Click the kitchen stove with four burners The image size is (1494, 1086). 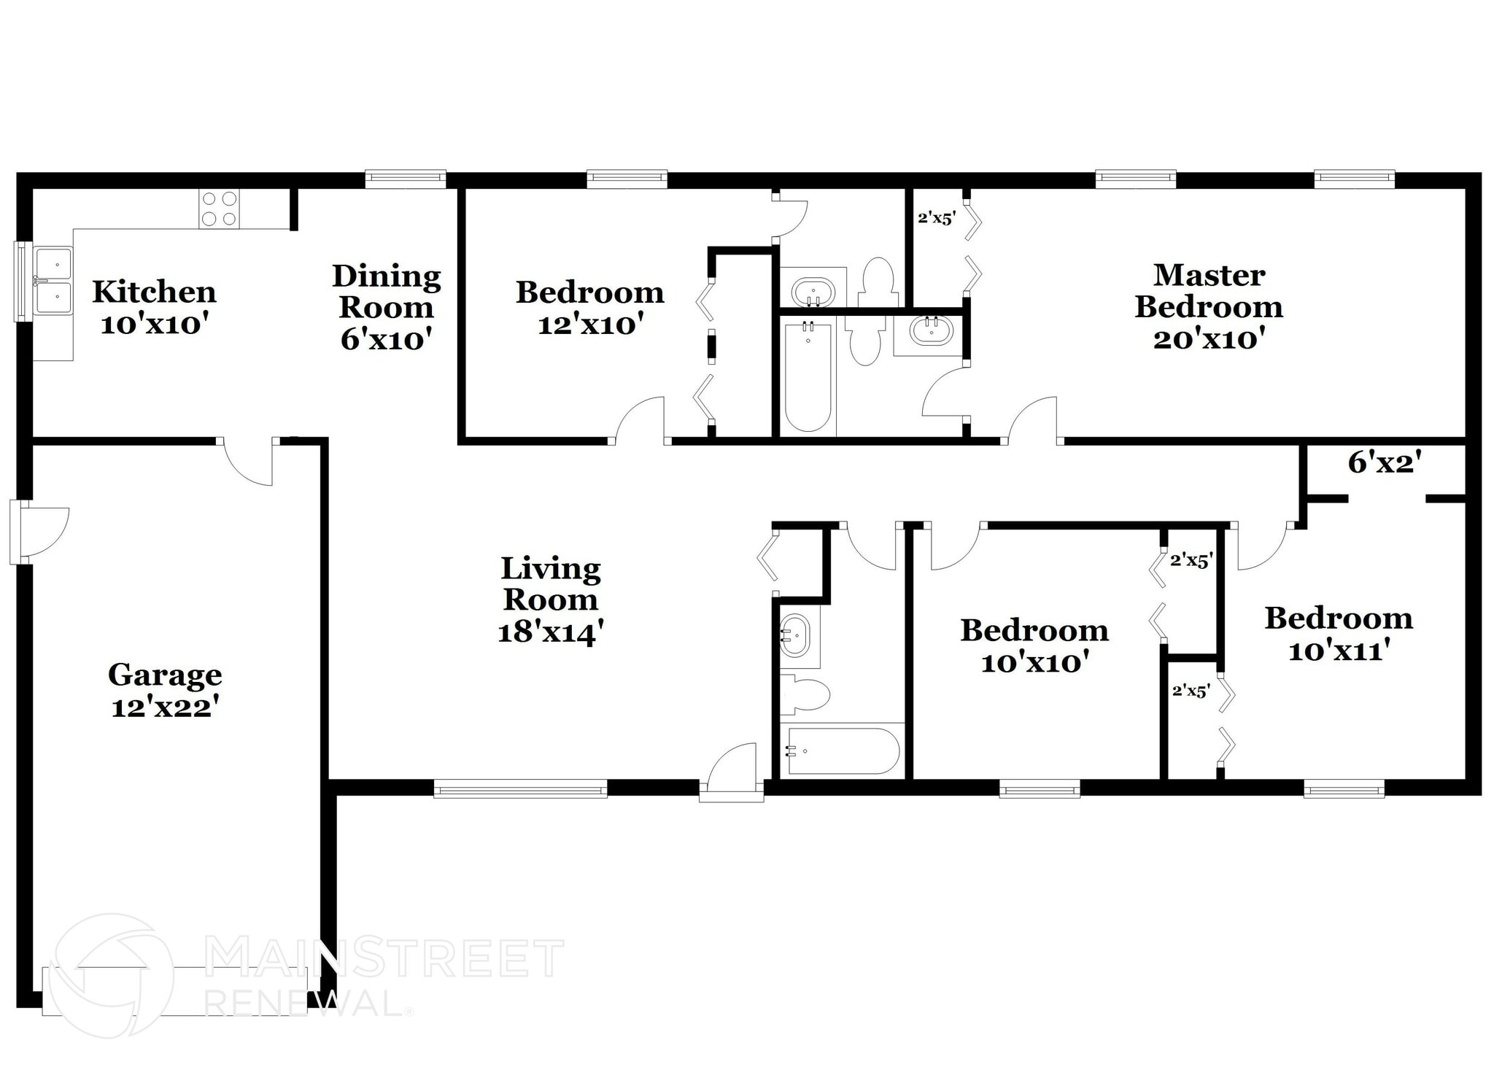click(219, 209)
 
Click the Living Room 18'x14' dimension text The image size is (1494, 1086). click(550, 632)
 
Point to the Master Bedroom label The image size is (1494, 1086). click(1209, 291)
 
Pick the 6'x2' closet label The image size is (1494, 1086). click(1384, 462)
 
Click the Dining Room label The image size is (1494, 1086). click(387, 291)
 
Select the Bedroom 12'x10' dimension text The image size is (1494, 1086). click(590, 325)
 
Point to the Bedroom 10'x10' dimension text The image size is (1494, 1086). click(1034, 663)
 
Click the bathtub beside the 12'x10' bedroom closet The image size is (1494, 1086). click(808, 378)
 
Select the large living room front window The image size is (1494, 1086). click(520, 788)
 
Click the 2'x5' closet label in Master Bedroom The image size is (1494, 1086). click(936, 217)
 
